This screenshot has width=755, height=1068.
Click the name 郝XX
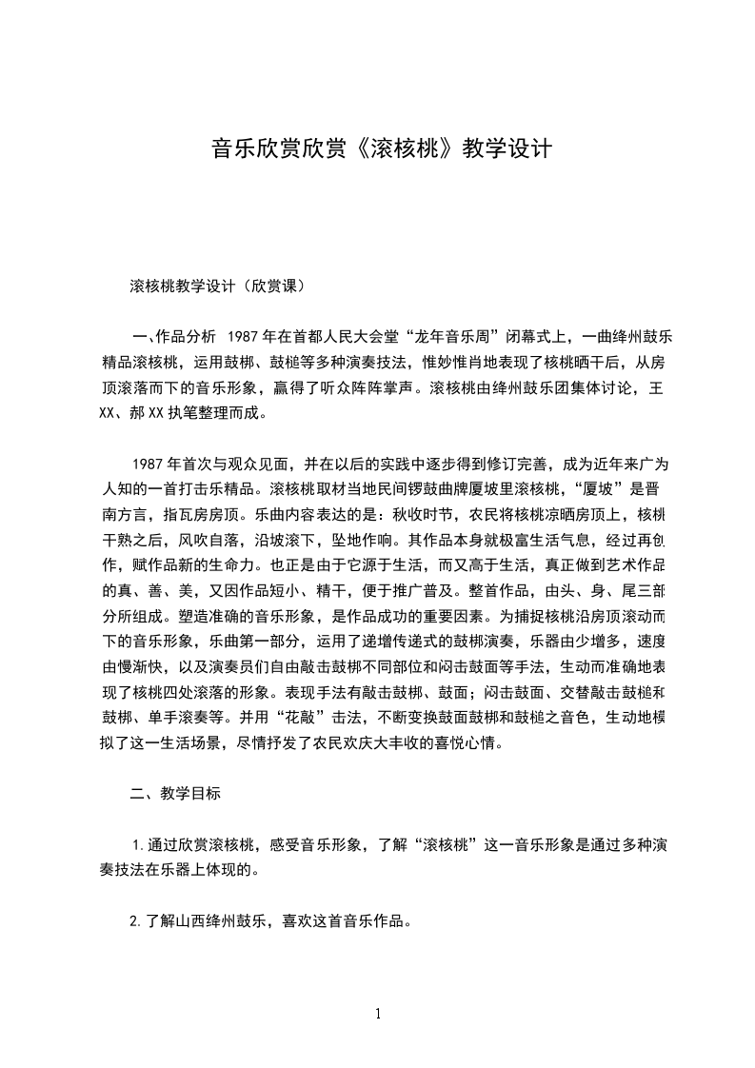point(145,414)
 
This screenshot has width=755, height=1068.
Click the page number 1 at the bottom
point(378,1014)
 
